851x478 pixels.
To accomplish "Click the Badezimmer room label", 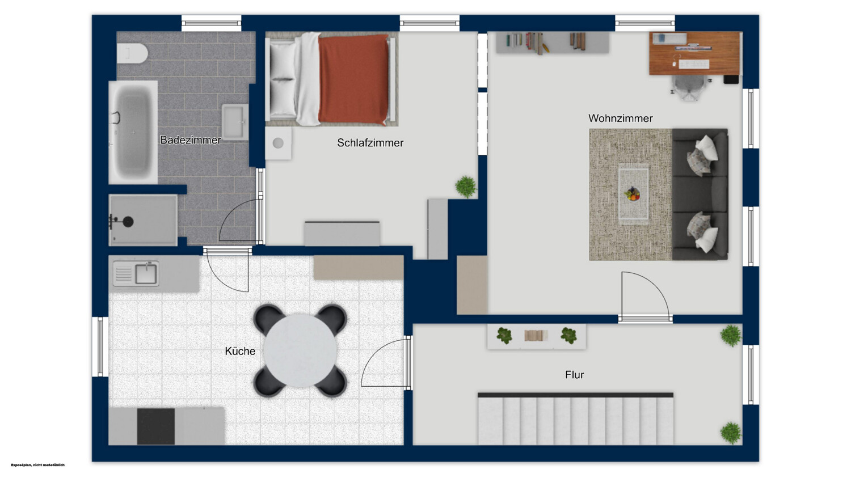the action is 190,140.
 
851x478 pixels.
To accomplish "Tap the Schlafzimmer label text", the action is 370,143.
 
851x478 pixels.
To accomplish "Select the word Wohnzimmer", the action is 621,118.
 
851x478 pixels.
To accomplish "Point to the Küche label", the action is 240,351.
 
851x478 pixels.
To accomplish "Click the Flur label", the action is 574,375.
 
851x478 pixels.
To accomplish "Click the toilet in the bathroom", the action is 132,53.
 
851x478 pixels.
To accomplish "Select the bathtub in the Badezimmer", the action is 133,132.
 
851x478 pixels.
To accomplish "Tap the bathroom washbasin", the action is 234,122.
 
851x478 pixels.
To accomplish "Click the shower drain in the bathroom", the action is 128,222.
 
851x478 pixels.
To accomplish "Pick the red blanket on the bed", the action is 353,79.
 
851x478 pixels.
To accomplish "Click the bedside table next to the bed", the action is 279,143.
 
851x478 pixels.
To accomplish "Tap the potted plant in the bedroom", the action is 466,187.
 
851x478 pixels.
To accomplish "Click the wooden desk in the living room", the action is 694,53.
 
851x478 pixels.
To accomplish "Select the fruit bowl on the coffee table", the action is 632,194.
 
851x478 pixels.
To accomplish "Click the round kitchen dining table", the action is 300,350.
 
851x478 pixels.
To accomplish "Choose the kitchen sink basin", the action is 146,274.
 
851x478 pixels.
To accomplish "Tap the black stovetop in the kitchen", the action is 156,426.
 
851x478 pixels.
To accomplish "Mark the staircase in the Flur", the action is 575,419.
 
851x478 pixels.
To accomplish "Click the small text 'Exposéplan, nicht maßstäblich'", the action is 37,465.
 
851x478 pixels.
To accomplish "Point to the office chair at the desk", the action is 689,87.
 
